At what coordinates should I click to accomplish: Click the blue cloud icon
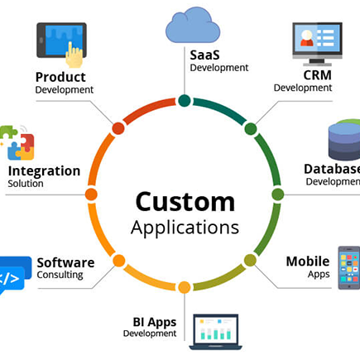tap(193, 26)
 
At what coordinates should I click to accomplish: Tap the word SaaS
tap(204, 55)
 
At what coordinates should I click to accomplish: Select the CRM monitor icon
tap(317, 44)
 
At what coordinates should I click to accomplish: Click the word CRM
tap(317, 75)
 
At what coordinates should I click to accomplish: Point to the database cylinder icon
tap(344, 140)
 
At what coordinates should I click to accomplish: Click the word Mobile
tap(308, 262)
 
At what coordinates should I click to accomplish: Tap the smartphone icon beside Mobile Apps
tap(349, 267)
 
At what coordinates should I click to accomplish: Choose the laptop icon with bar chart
tap(215, 332)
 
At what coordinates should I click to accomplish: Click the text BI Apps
tap(155, 323)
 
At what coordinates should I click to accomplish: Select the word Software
tap(65, 262)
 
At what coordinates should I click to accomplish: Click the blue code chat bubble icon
tap(15, 275)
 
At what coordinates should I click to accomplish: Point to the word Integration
tap(44, 171)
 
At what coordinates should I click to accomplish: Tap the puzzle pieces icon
tap(17, 142)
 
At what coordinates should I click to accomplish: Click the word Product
tap(60, 77)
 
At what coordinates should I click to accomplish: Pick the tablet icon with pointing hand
tap(61, 45)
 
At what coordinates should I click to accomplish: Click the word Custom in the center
tap(185, 202)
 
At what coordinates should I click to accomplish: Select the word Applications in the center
tap(185, 228)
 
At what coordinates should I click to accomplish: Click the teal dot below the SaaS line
tap(185, 101)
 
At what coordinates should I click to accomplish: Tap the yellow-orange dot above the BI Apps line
tap(184, 287)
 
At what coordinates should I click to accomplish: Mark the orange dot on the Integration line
tap(91, 194)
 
